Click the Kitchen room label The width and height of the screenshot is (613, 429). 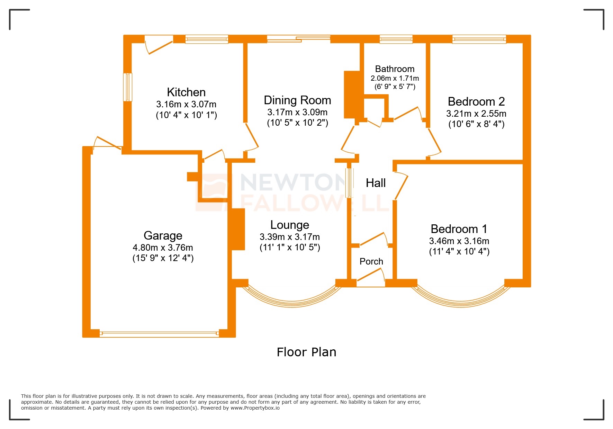coord(186,92)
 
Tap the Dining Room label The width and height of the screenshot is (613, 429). coord(297,100)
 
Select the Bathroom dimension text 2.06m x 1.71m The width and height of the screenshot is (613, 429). coord(395,78)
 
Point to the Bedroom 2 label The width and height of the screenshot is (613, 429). coord(476,102)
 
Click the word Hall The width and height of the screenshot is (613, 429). coord(376,183)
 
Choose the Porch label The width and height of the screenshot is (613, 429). coord(371,261)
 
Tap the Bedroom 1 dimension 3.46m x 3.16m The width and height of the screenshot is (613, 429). coord(459,241)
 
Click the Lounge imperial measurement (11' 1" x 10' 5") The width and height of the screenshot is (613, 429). coord(290,247)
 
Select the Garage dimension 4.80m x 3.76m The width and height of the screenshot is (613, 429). coord(163,248)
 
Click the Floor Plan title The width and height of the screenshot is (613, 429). coord(306,352)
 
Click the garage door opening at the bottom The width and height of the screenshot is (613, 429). coord(159,334)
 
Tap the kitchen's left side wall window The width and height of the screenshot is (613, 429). coord(128,87)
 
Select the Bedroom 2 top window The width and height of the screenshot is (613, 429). coord(479,39)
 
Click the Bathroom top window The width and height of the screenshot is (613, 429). coord(396,39)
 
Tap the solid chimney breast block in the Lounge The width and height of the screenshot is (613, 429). coord(238,229)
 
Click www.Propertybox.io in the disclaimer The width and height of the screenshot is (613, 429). coord(255,408)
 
